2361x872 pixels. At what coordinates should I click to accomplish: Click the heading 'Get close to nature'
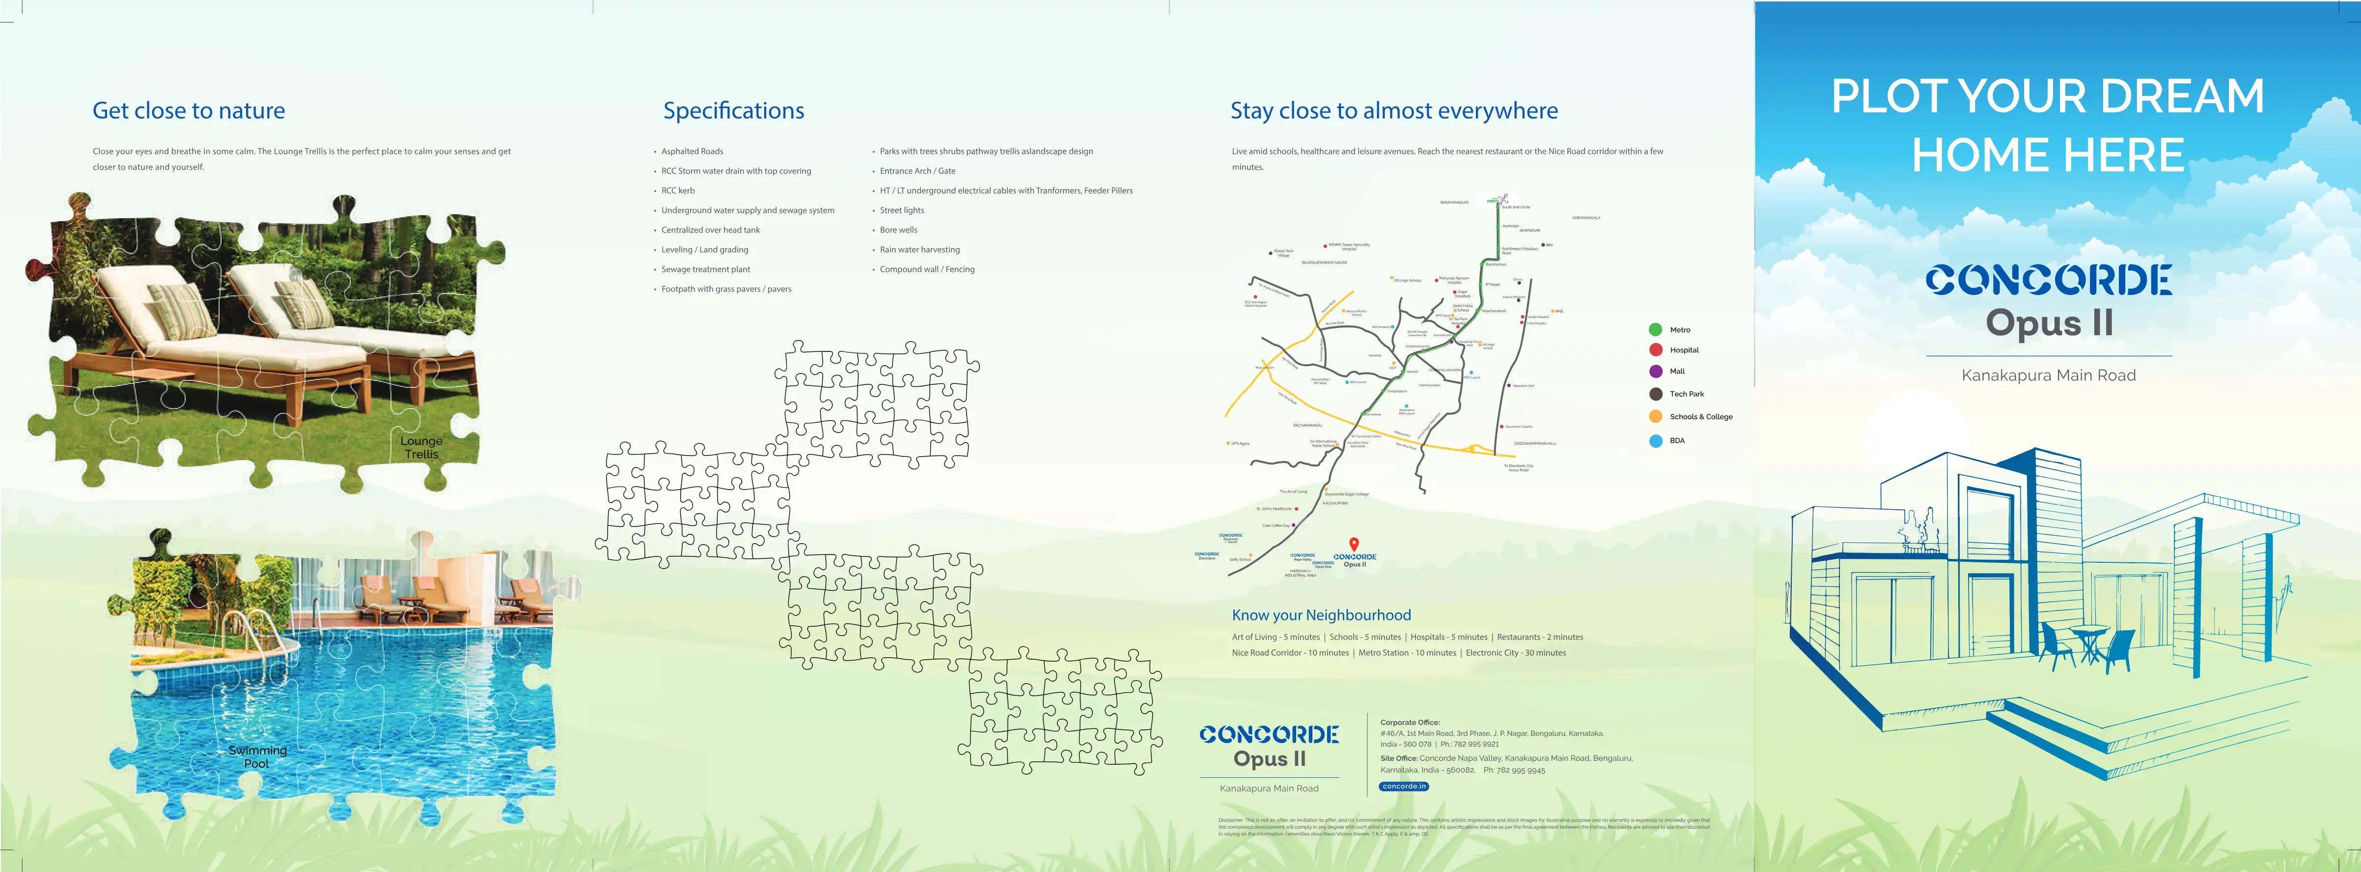click(189, 111)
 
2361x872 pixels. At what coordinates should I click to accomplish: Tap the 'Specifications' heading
click(733, 111)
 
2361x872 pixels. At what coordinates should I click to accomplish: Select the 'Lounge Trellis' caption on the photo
click(421, 447)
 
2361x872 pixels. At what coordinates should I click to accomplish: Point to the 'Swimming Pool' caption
click(257, 756)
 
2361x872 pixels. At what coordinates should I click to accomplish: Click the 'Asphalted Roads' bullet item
click(692, 151)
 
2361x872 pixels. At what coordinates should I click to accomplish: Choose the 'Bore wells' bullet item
click(898, 230)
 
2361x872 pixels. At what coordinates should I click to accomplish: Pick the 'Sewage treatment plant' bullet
click(706, 269)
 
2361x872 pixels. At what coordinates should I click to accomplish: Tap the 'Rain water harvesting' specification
click(919, 249)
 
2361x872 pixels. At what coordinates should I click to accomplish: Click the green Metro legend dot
click(1655, 329)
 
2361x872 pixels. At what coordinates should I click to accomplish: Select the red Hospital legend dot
click(1655, 349)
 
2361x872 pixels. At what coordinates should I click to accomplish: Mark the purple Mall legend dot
click(1655, 371)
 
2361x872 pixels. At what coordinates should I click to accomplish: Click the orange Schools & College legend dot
click(1655, 416)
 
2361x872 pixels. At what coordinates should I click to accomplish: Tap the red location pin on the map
click(1354, 544)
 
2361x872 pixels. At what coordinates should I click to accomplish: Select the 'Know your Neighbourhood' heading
click(1321, 615)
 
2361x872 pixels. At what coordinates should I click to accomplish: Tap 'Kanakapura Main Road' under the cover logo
click(2049, 375)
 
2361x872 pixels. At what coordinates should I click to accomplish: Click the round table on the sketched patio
click(2090, 633)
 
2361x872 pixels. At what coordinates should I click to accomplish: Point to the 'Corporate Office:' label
click(1410, 723)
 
